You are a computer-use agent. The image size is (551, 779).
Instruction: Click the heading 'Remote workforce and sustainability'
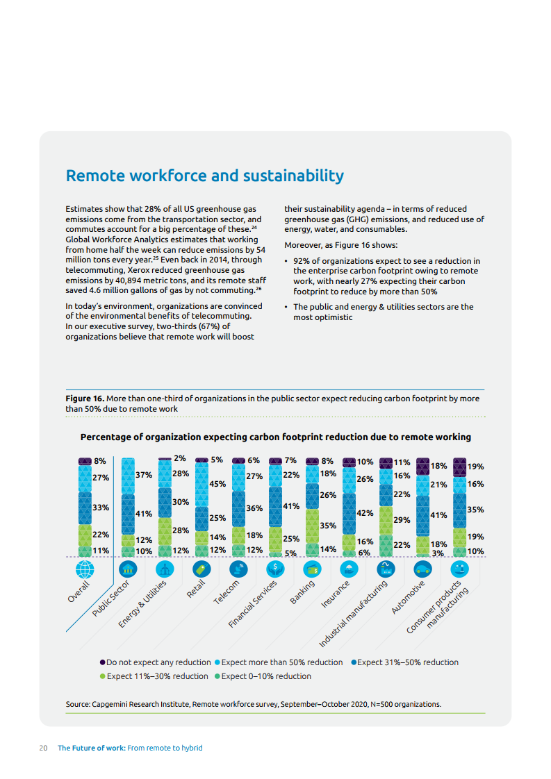204,176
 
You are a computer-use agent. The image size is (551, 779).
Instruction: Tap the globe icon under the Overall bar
85,569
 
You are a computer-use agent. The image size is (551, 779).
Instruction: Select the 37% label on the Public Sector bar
144,475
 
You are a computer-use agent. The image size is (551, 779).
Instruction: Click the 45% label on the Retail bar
217,484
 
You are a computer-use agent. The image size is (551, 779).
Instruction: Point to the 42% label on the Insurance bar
365,512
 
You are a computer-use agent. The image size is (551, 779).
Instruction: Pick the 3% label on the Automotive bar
438,553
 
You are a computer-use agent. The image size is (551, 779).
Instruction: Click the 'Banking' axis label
302,592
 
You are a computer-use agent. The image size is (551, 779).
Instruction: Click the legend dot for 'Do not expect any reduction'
103,662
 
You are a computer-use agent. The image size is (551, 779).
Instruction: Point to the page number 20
43,748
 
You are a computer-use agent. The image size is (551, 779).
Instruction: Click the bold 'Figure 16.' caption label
85,399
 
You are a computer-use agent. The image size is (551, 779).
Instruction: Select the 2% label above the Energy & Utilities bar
180,458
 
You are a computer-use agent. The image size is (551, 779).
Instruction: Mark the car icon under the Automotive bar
422,569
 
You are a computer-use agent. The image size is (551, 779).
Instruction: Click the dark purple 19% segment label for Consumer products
476,467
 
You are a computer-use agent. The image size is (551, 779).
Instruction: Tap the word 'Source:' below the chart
78,704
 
